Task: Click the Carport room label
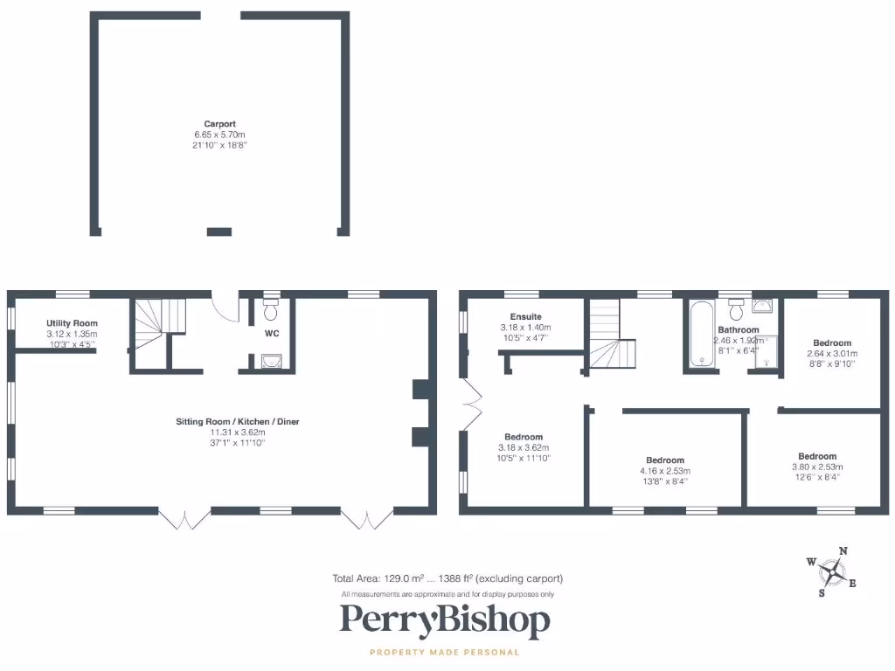coord(220,124)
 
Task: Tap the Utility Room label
coord(72,323)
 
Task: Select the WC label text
coord(271,333)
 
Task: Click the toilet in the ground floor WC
coord(270,309)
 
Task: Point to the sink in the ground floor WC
coord(271,361)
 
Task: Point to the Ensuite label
coord(526,316)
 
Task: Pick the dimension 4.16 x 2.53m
coord(665,470)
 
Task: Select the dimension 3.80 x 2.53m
coord(816,467)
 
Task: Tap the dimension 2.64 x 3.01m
coord(831,354)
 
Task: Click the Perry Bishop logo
coord(445,621)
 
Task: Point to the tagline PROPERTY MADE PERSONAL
coord(445,652)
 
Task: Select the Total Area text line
coord(447,578)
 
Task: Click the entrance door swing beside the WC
coord(227,308)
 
